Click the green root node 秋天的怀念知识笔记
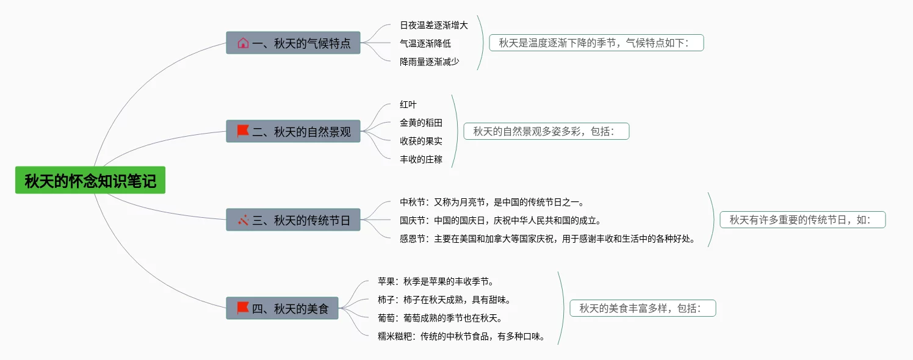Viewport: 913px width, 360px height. (x=90, y=181)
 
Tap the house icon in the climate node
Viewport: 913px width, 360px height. (x=243, y=43)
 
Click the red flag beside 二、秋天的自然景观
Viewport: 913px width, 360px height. (x=243, y=131)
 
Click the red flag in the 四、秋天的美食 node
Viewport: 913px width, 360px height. (x=243, y=308)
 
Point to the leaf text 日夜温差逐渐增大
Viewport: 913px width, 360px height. (x=433, y=25)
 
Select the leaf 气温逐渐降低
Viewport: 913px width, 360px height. (x=425, y=43)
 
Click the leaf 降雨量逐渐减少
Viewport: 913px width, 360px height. (x=429, y=62)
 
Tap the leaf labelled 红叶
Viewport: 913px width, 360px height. (x=408, y=104)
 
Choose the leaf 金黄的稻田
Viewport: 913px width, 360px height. (x=420, y=123)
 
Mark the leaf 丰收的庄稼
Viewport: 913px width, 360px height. (x=420, y=159)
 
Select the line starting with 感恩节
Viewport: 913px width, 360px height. (x=547, y=239)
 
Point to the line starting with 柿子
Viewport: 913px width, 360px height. (x=444, y=300)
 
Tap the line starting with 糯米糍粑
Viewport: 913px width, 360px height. (x=461, y=336)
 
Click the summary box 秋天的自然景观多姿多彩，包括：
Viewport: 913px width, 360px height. (x=546, y=131)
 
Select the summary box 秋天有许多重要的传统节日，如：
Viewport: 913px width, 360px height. (x=803, y=220)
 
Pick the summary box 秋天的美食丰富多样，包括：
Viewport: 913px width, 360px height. (x=643, y=308)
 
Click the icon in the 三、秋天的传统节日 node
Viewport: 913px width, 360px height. (x=243, y=220)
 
